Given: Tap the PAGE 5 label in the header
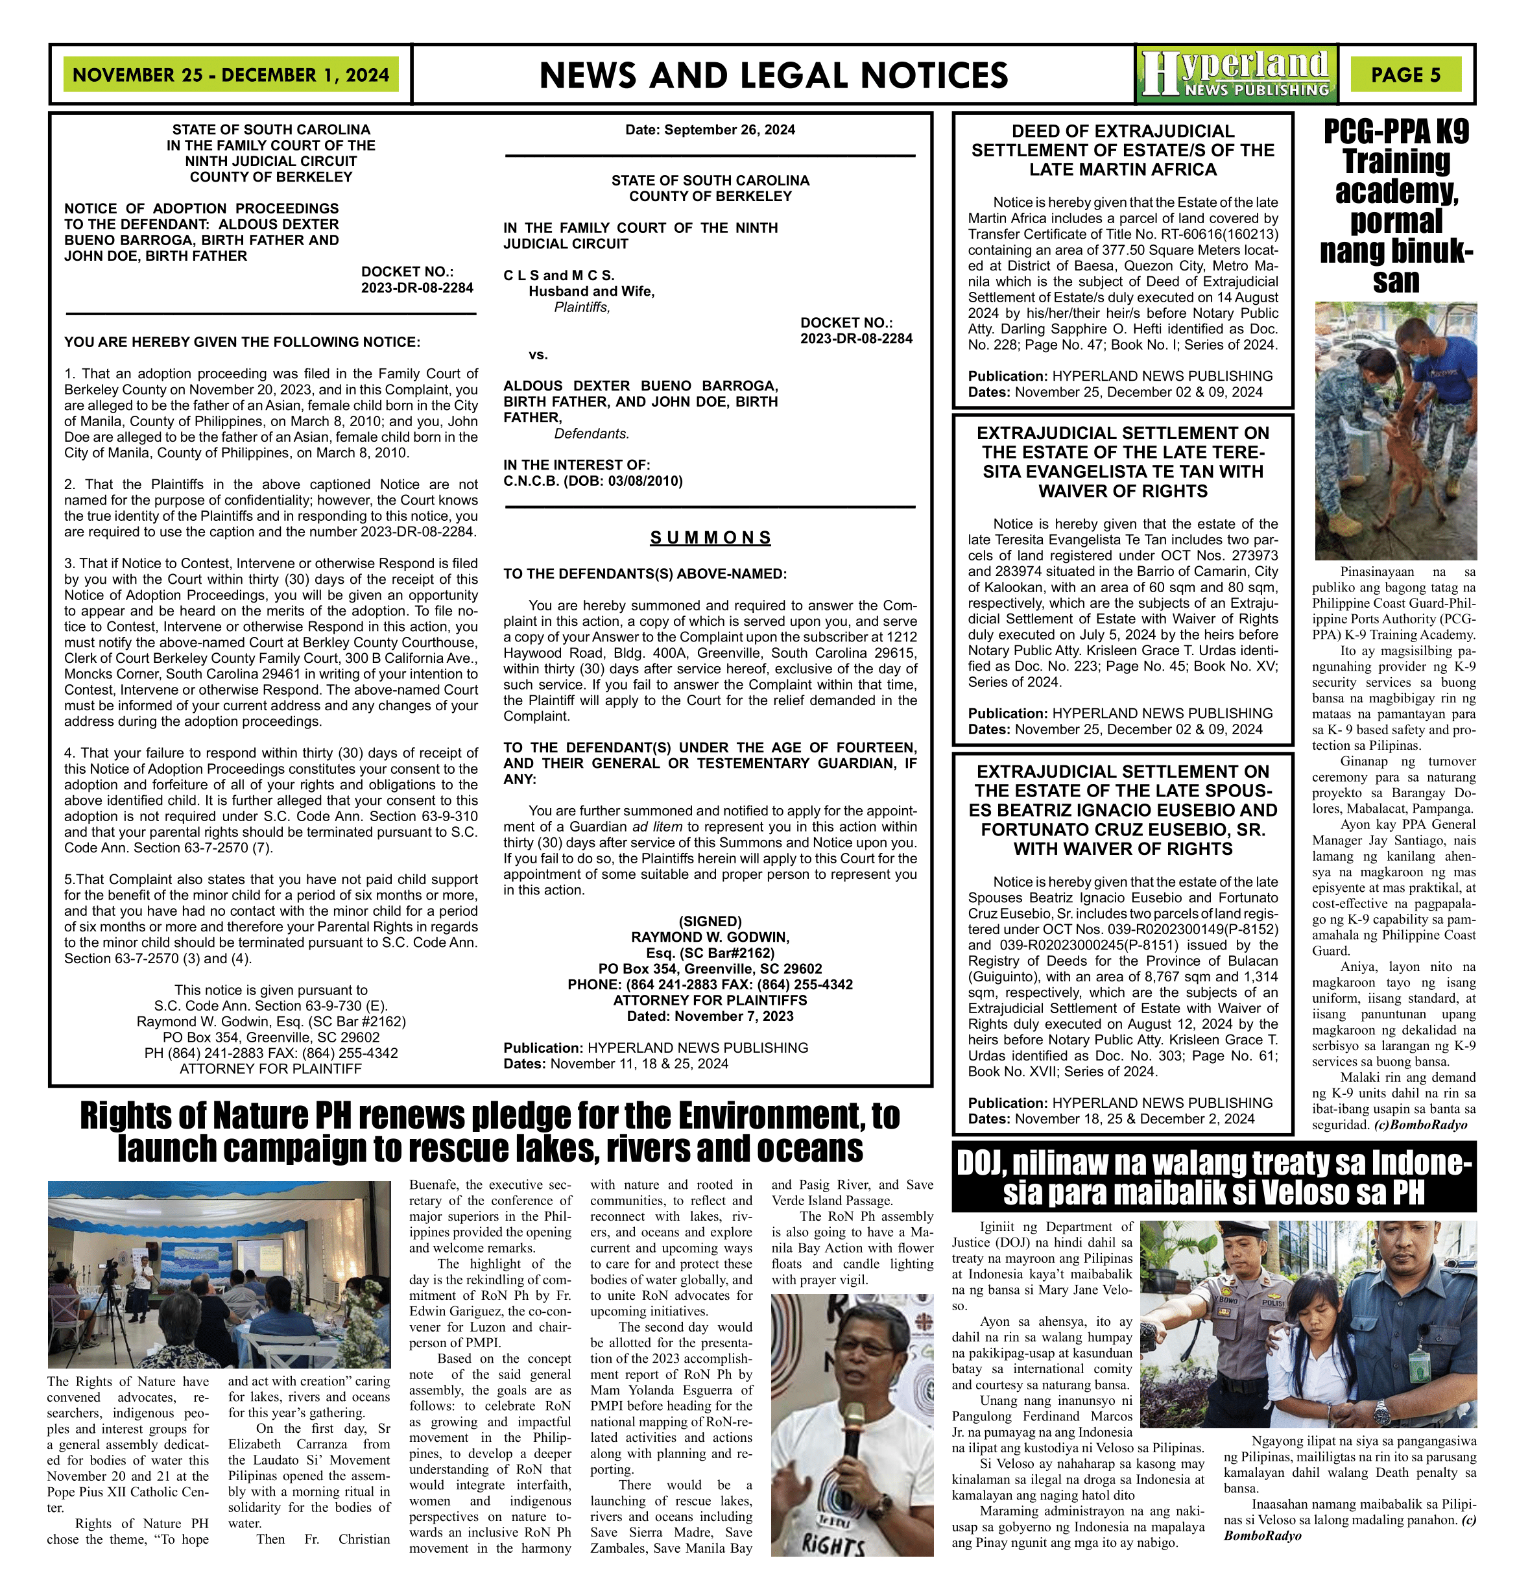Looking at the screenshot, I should [x=1405, y=75].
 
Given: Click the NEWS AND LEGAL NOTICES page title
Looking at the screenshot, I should [x=773, y=75].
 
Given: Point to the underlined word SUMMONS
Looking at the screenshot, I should [x=710, y=538].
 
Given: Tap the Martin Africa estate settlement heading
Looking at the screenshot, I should [x=1123, y=150].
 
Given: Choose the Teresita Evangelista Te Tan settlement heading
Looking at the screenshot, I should [x=1123, y=462].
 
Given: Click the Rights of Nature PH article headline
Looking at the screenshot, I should [x=490, y=1132].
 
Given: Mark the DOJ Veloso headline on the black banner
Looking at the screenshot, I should [x=1215, y=1177].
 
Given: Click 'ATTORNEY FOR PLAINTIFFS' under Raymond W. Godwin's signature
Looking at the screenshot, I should [x=710, y=1000].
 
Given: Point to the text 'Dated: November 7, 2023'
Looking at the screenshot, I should [x=710, y=1016].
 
